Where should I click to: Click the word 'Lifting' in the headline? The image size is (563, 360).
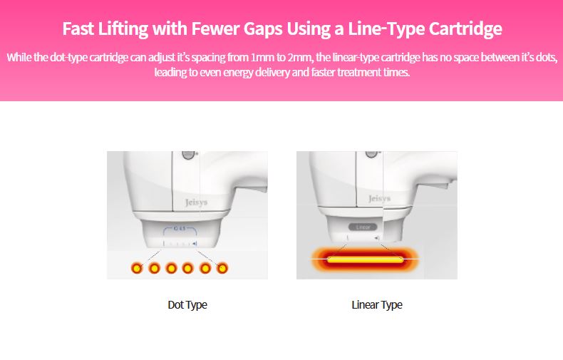120,29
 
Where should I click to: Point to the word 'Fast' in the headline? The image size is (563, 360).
77,29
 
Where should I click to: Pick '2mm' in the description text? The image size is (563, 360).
305,57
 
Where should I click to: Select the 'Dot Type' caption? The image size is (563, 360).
187,304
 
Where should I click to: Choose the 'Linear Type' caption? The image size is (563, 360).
377,304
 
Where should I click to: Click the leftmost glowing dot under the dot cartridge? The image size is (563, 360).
136,268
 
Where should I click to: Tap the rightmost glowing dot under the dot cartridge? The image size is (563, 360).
222,268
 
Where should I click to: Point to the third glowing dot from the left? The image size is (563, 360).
171,268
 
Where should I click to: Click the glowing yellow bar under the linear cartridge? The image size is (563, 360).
364,259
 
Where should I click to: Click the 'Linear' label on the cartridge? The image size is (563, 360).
362,227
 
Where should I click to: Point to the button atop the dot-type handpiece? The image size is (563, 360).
188,155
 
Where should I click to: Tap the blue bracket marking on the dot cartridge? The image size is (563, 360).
181,230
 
